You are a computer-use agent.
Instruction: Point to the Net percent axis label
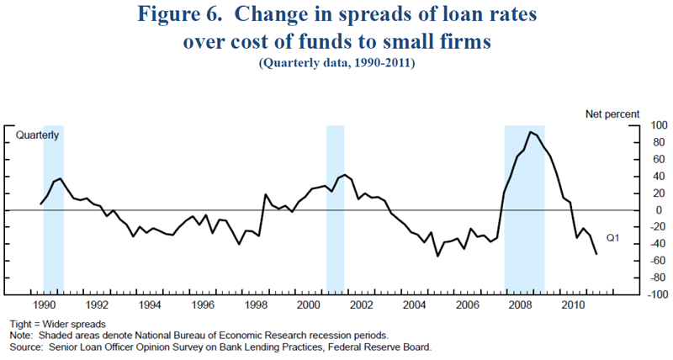tap(612, 113)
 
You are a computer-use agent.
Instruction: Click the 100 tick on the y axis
tap(636, 125)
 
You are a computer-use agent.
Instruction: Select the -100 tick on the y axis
tap(633, 294)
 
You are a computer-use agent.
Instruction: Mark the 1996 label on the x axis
tap(203, 304)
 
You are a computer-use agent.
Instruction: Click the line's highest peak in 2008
tap(530, 132)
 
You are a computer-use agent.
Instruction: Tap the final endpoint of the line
tap(596, 254)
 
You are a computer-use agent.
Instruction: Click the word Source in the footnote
tap(25, 346)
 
